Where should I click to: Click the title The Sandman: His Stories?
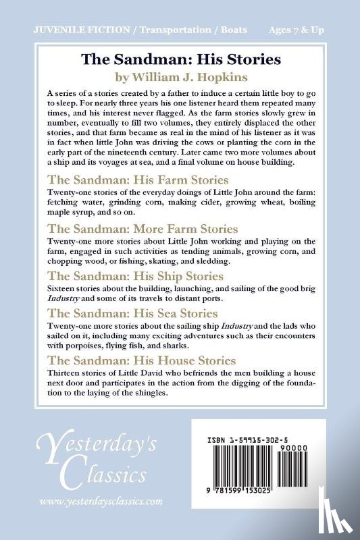pyautogui.click(x=180, y=59)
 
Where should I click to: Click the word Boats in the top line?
pyautogui.click(x=230, y=30)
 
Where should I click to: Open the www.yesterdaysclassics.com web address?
pyautogui.click(x=101, y=502)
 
